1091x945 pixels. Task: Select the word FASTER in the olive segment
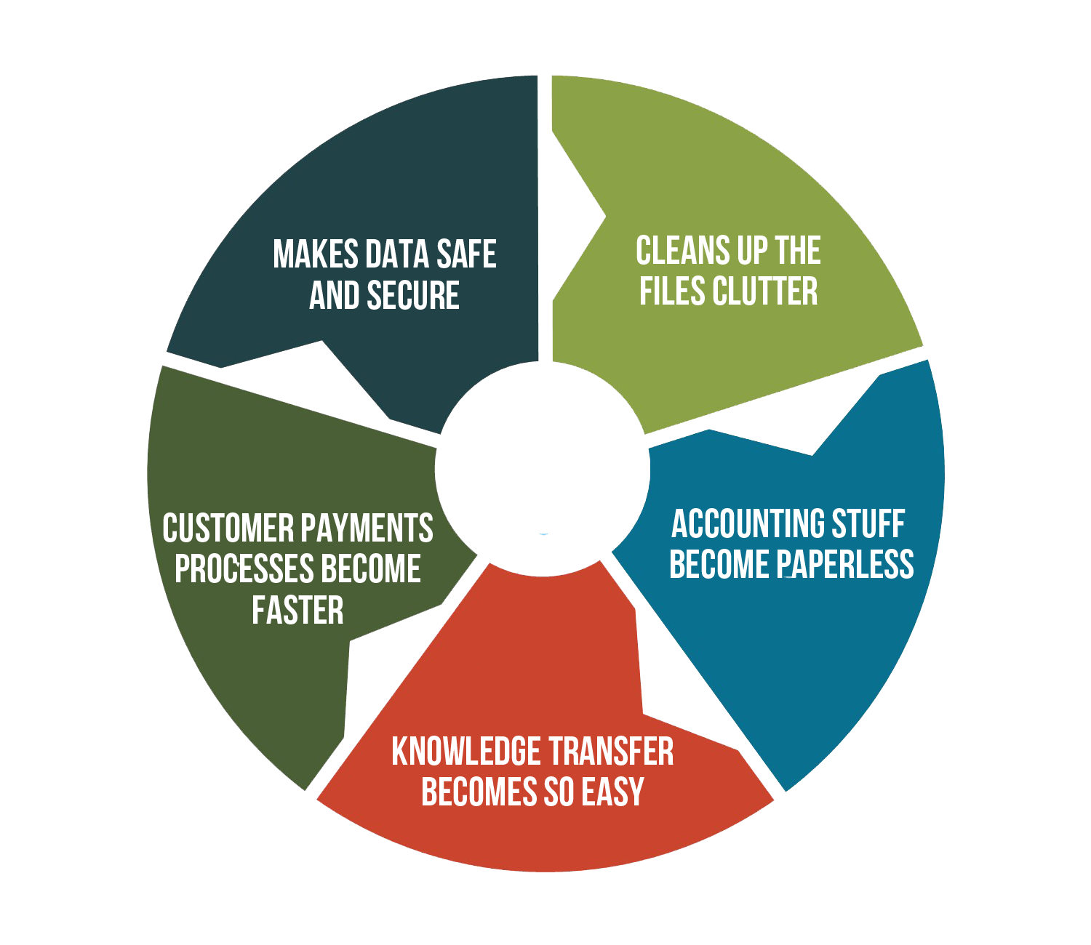(x=297, y=610)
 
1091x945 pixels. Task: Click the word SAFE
(x=466, y=254)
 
